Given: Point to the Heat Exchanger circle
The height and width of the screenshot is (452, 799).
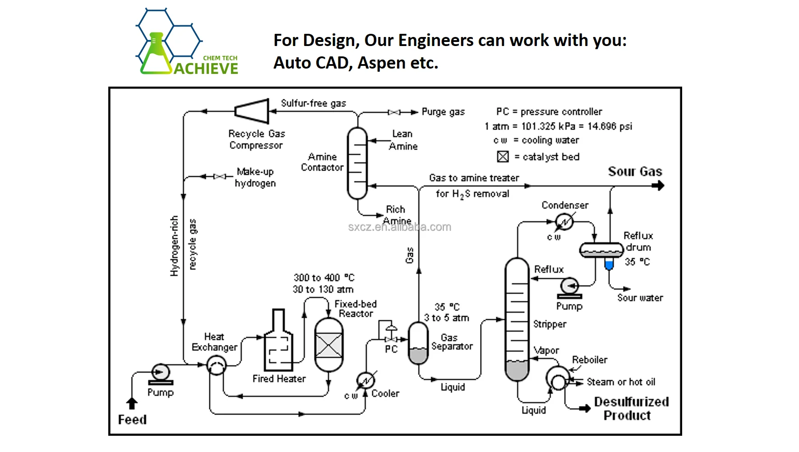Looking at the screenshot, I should [216, 365].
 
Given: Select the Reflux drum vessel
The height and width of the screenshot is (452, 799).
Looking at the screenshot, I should [601, 249].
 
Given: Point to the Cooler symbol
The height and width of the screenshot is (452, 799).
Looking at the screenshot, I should [365, 381].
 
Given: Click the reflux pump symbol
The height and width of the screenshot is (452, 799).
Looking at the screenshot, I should [569, 287].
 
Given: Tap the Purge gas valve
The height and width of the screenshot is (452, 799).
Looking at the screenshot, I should [394, 112].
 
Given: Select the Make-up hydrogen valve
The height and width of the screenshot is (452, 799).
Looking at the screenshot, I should [220, 176].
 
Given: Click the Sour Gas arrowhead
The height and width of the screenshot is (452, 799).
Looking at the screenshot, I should [660, 185].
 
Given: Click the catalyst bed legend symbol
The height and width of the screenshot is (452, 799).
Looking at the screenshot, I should [503, 157].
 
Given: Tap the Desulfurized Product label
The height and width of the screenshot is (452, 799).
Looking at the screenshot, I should [631, 409].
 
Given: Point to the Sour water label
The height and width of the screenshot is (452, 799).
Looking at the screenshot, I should [640, 298].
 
